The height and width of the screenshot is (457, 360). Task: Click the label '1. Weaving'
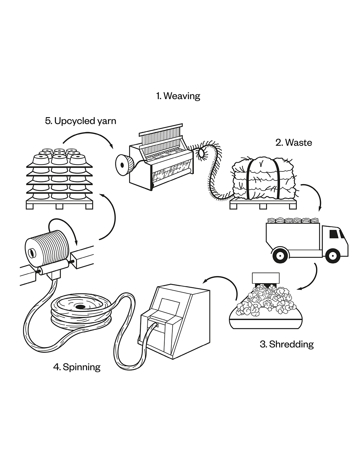tap(178, 96)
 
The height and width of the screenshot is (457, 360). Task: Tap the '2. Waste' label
tap(294, 143)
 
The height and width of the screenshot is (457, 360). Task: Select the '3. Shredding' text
tap(287, 344)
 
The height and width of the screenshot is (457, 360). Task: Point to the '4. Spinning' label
tap(77, 367)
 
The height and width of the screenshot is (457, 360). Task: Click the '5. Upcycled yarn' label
tap(81, 120)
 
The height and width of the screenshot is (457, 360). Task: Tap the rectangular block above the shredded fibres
tap(265, 278)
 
